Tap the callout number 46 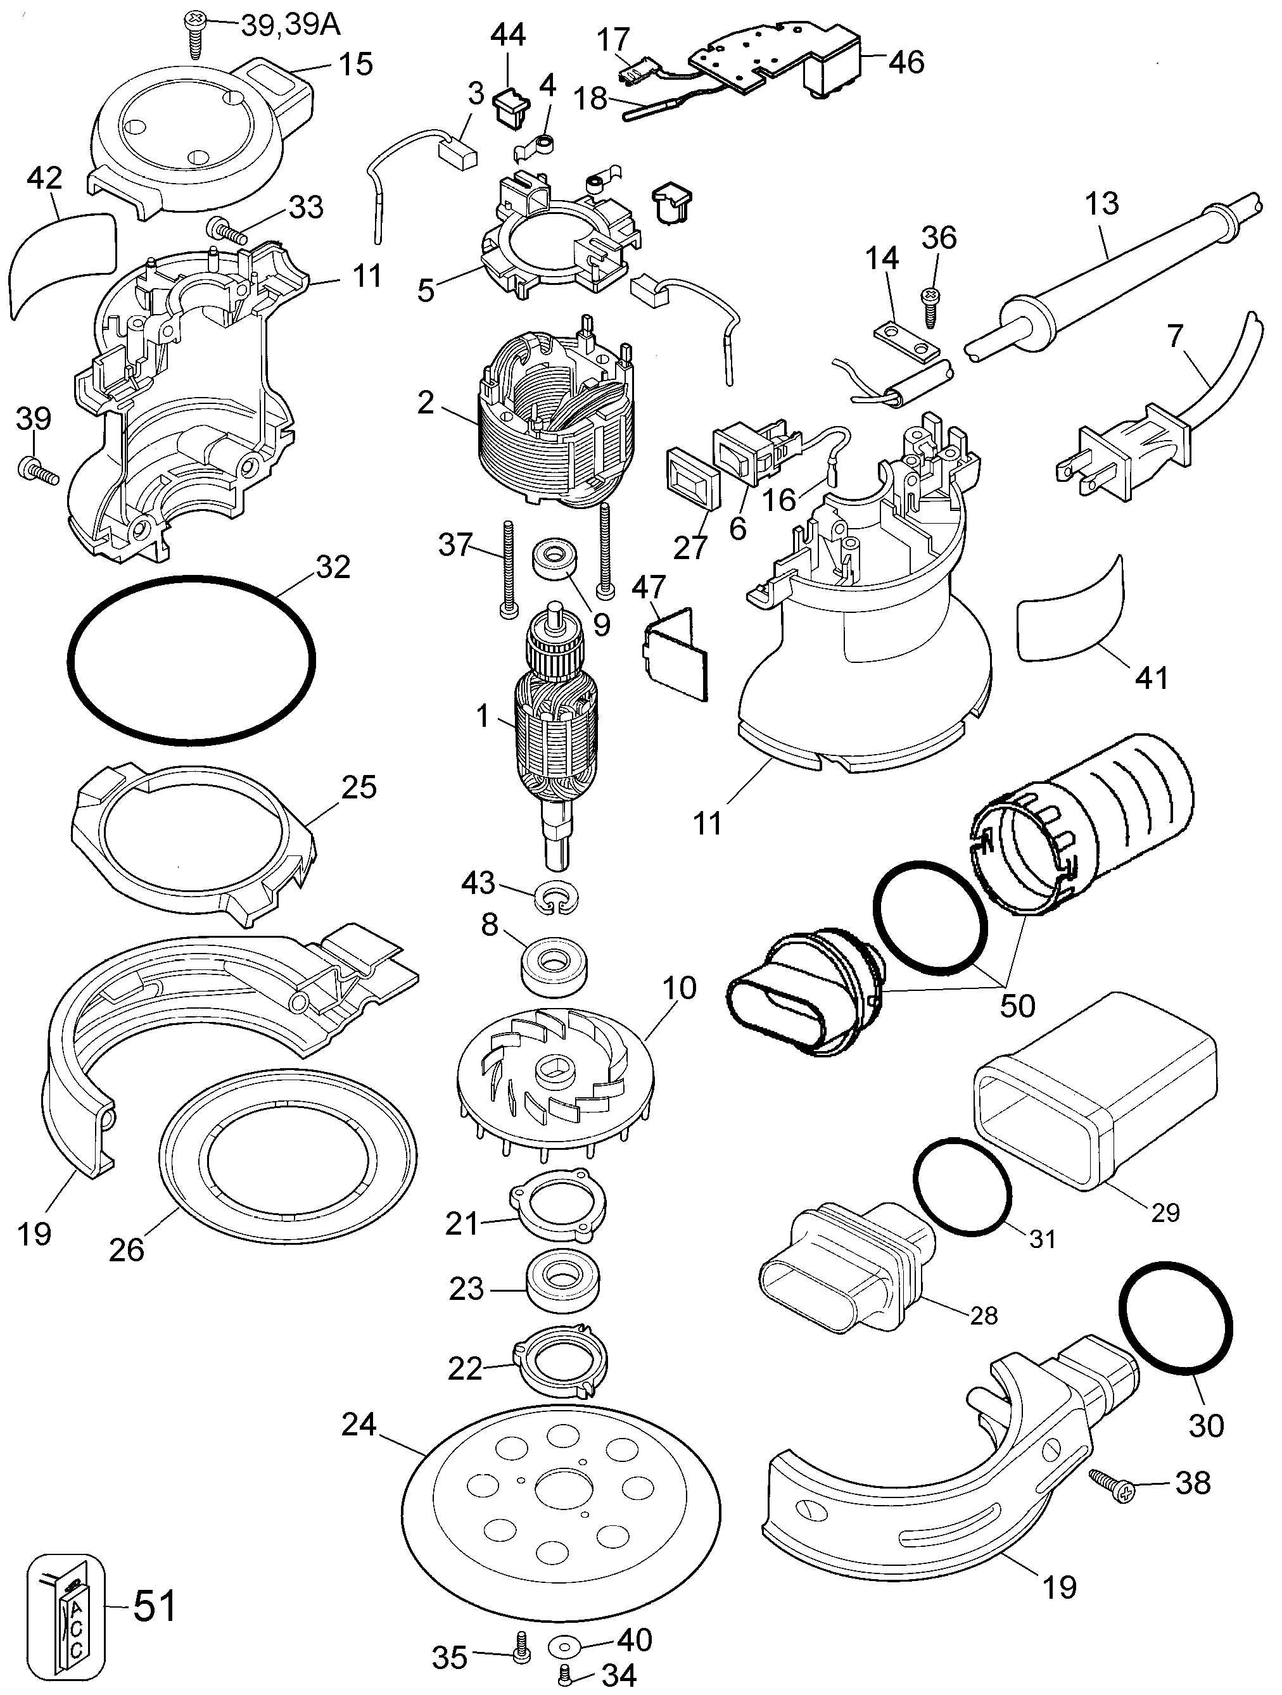pos(906,61)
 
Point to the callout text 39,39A pos(291,25)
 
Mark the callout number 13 pos(1102,204)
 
